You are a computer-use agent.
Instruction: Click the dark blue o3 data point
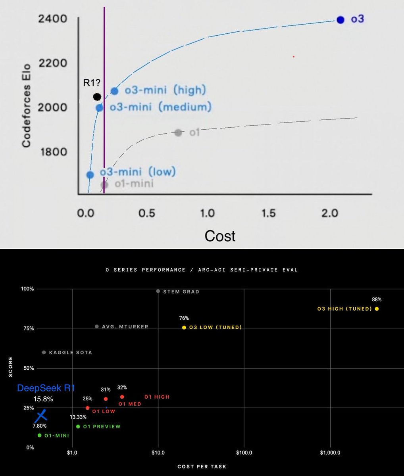(x=340, y=20)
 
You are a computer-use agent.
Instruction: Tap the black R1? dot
(x=97, y=97)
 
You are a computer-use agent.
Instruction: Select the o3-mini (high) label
(x=165, y=90)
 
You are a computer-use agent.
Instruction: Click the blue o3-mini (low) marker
(x=90, y=175)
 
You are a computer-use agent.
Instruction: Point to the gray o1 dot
(x=178, y=133)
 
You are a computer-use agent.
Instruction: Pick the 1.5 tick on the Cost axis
(x=268, y=213)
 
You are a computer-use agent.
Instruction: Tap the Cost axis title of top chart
(x=220, y=236)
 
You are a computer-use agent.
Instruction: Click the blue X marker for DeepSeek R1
(x=42, y=416)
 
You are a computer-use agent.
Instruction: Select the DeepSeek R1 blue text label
(x=46, y=388)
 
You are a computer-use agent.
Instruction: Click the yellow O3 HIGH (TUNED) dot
(x=377, y=309)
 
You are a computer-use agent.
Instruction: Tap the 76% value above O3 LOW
(x=184, y=318)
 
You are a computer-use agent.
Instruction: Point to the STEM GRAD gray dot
(x=158, y=291)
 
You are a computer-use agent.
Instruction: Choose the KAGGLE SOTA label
(x=70, y=352)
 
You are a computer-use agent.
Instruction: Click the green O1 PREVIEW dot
(x=78, y=426)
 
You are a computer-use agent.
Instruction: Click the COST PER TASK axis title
(x=202, y=467)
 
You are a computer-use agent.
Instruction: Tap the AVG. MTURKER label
(x=125, y=326)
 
